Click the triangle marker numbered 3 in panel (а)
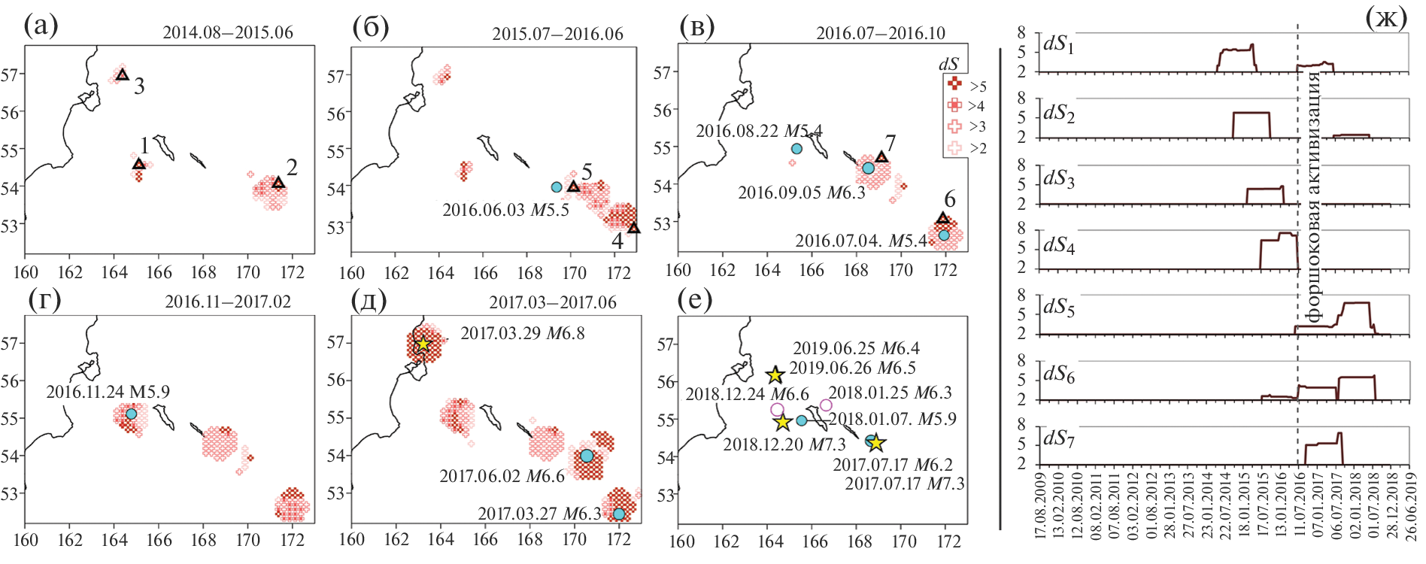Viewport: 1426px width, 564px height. pos(123,74)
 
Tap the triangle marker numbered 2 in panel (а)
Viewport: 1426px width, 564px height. pos(278,183)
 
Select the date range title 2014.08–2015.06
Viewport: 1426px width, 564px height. pos(228,32)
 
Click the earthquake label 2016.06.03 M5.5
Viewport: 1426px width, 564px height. pos(505,210)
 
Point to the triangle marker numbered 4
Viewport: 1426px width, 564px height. pos(634,228)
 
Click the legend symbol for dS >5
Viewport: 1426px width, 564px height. pos(954,84)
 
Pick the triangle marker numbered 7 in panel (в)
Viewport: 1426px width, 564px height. pos(881,157)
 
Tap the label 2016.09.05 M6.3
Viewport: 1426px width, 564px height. pos(802,193)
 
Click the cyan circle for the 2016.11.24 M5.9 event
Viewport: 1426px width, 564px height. pos(131,414)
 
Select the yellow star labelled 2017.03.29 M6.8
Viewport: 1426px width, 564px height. pos(423,344)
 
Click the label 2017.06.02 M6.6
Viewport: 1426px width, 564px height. pos(502,476)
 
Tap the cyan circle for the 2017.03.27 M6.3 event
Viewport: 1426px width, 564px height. pos(619,514)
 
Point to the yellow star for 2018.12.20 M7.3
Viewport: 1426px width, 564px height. pos(783,422)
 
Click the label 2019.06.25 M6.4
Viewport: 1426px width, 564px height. pos(856,349)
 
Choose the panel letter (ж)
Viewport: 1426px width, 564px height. pos(1385,18)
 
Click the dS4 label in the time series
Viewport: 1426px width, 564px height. pos(1058,245)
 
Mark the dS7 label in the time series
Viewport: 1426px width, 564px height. pos(1058,438)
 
